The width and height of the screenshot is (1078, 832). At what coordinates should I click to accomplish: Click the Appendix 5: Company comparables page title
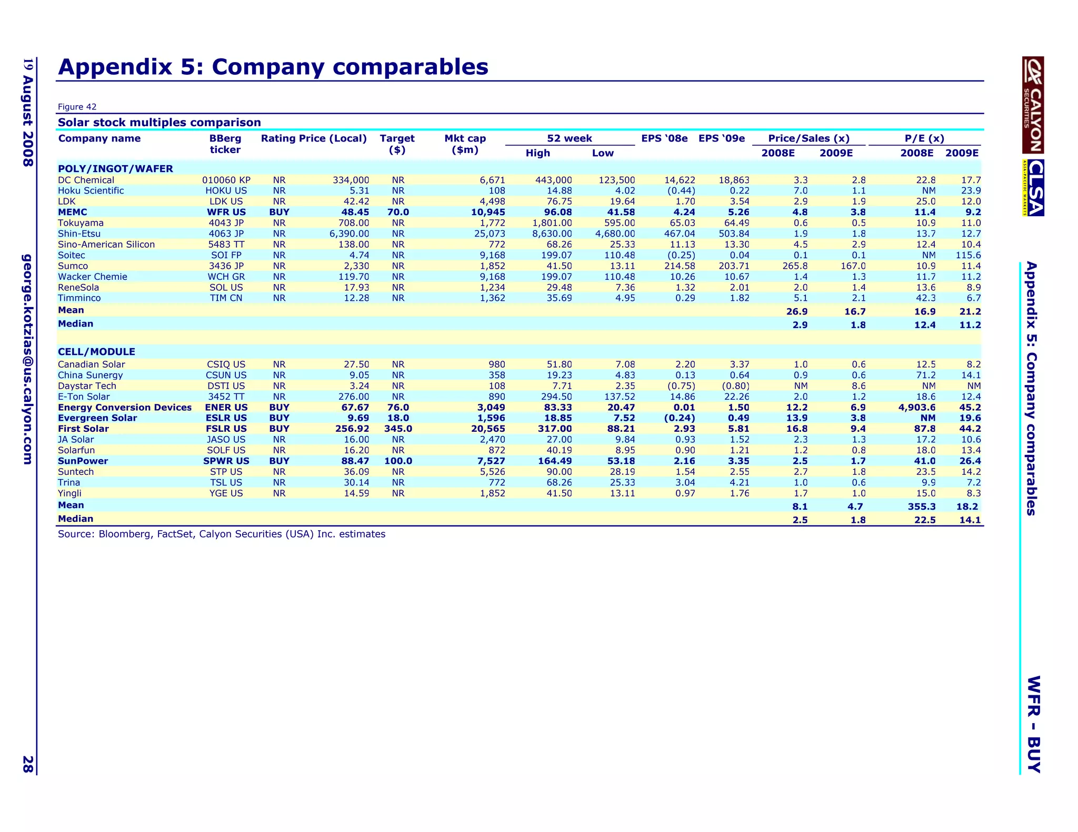click(x=273, y=67)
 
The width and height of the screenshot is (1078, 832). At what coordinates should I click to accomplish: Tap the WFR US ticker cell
click(x=226, y=212)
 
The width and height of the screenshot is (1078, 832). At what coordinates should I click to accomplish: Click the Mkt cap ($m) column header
click(x=465, y=144)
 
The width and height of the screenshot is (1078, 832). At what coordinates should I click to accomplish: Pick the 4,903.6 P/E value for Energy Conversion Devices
click(x=917, y=408)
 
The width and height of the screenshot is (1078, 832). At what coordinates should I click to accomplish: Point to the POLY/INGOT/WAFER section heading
click(x=115, y=169)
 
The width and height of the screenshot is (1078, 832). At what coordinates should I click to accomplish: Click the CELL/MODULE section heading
click(x=96, y=352)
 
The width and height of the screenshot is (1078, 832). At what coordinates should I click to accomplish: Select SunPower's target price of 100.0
click(x=398, y=461)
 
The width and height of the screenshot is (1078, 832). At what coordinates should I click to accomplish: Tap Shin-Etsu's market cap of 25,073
click(x=490, y=234)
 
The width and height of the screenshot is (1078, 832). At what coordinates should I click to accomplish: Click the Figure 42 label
click(x=77, y=107)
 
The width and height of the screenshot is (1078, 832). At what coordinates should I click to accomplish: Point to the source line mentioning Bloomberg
click(x=221, y=534)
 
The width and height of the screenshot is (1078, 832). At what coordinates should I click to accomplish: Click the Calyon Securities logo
click(x=1033, y=105)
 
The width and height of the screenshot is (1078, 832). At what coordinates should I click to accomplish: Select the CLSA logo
click(x=1034, y=188)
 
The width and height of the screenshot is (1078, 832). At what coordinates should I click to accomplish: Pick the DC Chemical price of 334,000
click(x=351, y=180)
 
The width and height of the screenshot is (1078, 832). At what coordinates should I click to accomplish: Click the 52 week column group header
click(x=570, y=138)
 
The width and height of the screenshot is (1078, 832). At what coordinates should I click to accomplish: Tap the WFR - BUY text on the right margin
click(x=1034, y=724)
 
